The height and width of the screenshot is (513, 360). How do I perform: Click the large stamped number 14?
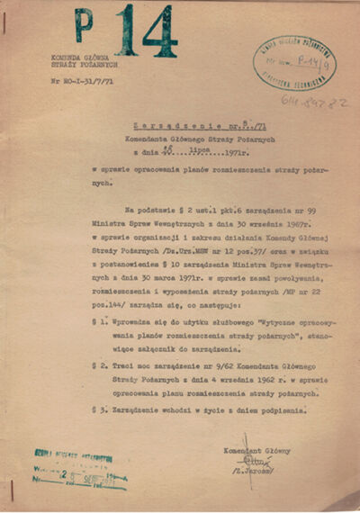[147, 29]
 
